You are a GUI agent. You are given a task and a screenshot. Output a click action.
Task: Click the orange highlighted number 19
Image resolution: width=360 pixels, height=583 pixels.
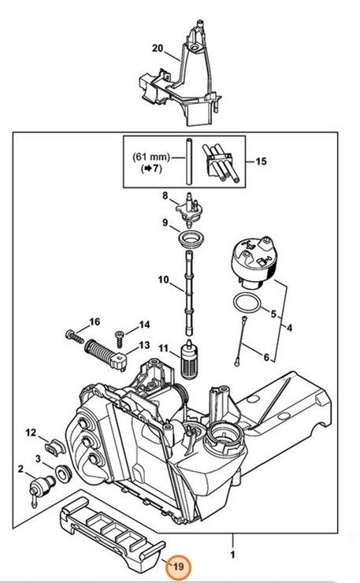pos(179,566)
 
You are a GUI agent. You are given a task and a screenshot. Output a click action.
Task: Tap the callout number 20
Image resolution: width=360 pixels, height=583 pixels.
pos(158,48)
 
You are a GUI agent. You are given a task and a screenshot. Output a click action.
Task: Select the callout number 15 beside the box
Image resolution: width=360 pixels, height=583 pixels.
pos(261,162)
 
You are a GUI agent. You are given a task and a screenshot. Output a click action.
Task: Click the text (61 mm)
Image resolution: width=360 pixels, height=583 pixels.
pos(151,157)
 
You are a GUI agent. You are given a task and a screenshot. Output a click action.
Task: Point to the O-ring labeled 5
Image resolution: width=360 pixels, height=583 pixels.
pos(247,304)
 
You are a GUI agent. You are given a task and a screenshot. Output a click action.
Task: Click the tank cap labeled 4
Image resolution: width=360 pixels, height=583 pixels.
pos(254,263)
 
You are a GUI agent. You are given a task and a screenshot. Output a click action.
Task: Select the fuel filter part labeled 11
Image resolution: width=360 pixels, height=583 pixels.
pos(188,358)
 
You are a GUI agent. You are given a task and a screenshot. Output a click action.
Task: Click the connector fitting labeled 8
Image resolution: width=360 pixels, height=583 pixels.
pos(190,210)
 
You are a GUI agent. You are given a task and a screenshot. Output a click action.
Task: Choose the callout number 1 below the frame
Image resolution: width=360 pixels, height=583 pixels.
pos(232,555)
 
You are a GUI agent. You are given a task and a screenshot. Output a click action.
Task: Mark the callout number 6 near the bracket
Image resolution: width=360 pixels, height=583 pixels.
pos(266,358)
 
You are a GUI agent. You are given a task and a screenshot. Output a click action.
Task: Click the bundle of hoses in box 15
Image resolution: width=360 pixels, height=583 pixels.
pos(221,163)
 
